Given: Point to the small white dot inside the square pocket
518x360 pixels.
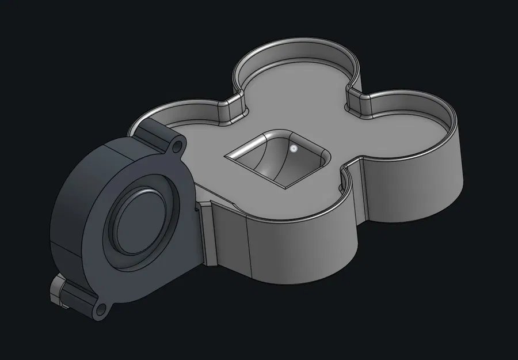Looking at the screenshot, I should click(x=294, y=149).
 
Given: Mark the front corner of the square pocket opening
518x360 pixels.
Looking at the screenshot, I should click(x=286, y=188).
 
